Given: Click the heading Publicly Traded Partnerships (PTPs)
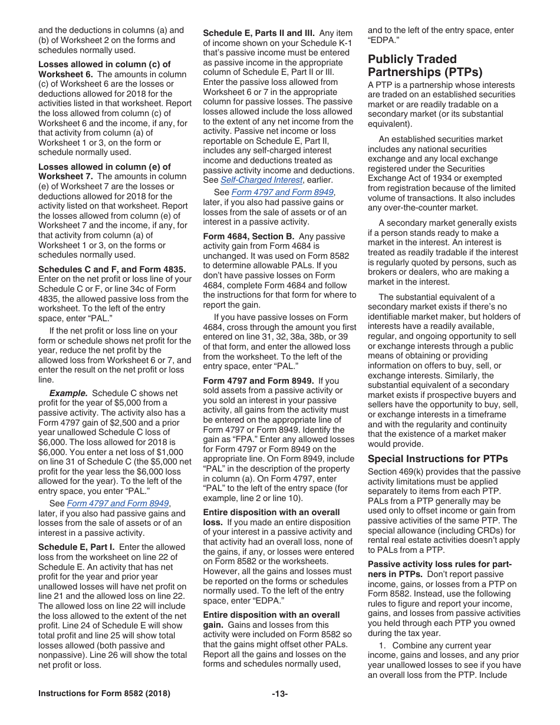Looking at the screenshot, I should [x=425, y=65].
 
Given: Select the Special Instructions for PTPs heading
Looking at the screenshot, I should [x=437, y=459].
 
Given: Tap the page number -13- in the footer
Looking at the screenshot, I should [x=279, y=694].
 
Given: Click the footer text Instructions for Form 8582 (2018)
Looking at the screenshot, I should [x=104, y=694].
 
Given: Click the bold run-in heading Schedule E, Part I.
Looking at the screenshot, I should [x=77, y=547].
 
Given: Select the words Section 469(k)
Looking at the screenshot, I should [x=393, y=472].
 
